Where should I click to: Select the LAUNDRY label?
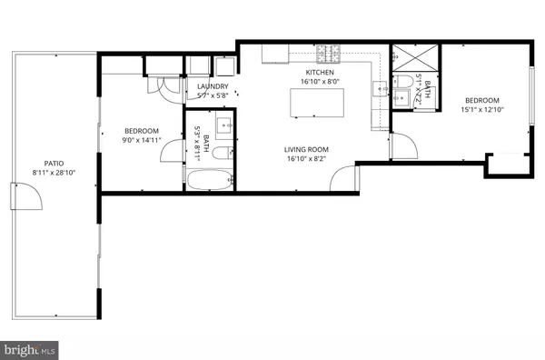tap(213, 87)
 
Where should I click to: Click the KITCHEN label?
tap(319, 72)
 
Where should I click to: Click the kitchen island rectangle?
tap(312, 104)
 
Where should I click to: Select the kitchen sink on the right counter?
tap(381, 88)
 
